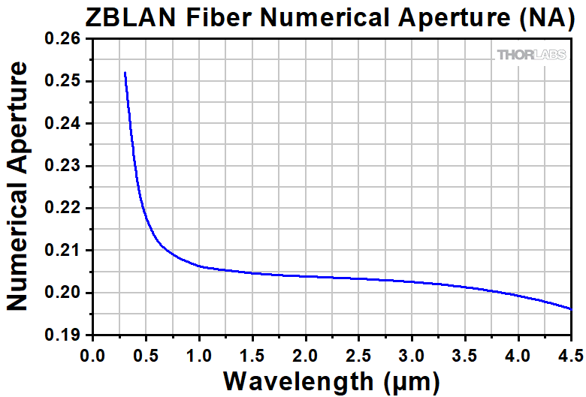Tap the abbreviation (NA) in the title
(545, 17)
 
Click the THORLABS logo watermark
(530, 54)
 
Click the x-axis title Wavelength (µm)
(330, 380)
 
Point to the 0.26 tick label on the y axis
(66, 39)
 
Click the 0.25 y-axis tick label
(66, 81)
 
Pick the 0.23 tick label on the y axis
(66, 166)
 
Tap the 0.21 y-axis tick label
(66, 250)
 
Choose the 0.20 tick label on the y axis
(66, 293)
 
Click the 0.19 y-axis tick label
(66, 335)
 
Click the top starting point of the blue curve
(125, 73)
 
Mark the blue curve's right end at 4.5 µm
(571, 308)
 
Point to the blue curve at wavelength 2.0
(305, 276)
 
